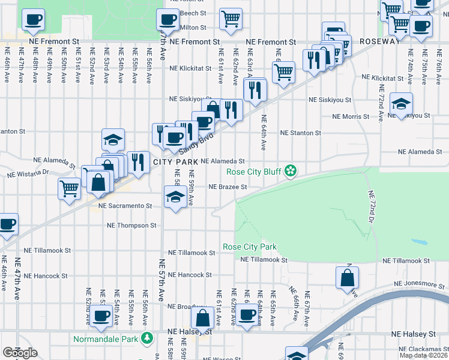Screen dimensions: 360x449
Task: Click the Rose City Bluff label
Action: [255, 172]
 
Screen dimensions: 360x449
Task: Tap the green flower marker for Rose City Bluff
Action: [291, 172]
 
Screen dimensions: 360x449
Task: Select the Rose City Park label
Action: [249, 247]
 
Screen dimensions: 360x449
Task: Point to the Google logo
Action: [20, 353]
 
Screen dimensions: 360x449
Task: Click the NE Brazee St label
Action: [228, 187]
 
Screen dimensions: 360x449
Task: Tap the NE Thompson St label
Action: [131, 226]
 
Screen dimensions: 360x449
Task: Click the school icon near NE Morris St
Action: [401, 104]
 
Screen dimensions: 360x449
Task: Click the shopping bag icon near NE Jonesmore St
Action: [348, 278]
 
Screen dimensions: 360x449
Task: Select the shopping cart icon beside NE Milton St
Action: [231, 20]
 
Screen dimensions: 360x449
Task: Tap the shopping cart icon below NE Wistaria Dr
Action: [70, 188]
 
